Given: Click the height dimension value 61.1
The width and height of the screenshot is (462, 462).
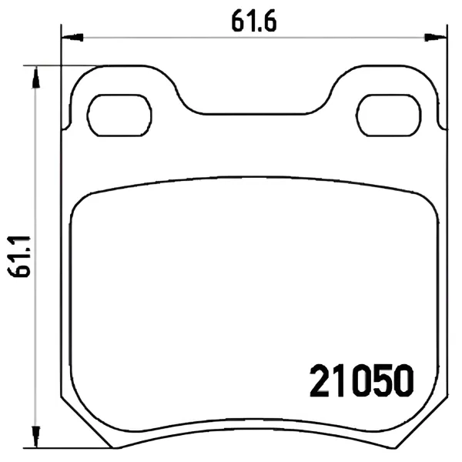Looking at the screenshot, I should (18, 253).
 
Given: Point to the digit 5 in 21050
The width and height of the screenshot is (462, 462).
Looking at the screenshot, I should (381, 380).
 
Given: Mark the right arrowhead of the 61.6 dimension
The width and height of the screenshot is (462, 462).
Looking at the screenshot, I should (437, 35).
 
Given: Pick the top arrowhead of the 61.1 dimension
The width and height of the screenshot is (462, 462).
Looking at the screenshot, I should (34, 74).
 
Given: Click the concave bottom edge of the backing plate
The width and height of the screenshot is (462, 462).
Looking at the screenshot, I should (255, 432).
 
